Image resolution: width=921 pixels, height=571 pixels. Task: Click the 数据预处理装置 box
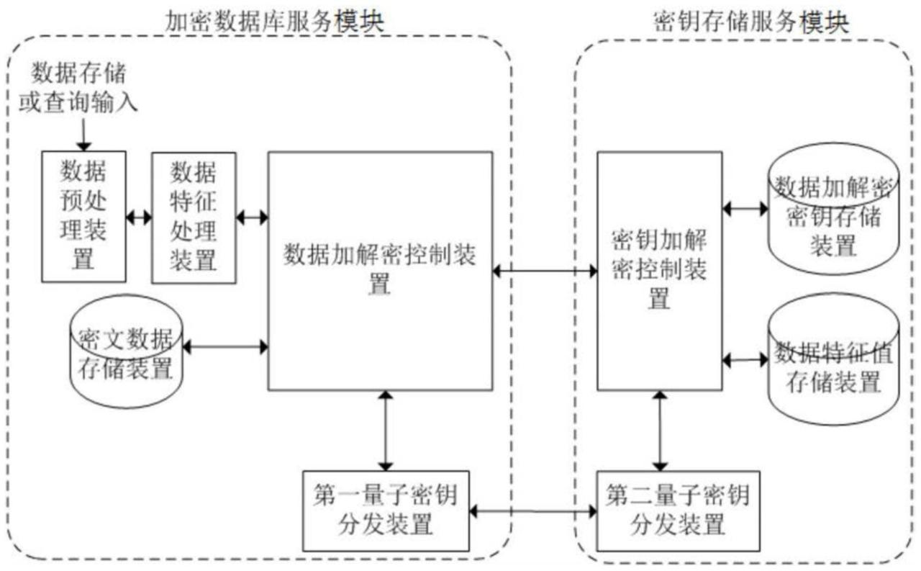[83, 216]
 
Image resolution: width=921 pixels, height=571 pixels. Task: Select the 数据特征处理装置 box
[194, 217]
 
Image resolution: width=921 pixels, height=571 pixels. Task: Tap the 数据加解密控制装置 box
[380, 271]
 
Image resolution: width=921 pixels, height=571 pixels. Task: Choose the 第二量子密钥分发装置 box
[677, 510]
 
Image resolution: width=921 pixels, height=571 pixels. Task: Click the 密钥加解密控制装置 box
[659, 271]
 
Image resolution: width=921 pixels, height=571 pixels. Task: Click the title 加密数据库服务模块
[273, 22]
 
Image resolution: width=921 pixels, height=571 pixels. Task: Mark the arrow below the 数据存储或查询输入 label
[83, 134]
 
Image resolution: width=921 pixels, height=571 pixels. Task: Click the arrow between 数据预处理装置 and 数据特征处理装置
[139, 216]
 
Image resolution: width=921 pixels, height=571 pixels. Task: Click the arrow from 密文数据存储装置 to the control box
[225, 347]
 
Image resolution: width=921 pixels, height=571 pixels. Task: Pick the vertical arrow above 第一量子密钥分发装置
[387, 430]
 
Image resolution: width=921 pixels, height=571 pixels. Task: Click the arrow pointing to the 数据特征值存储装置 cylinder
[745, 359]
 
